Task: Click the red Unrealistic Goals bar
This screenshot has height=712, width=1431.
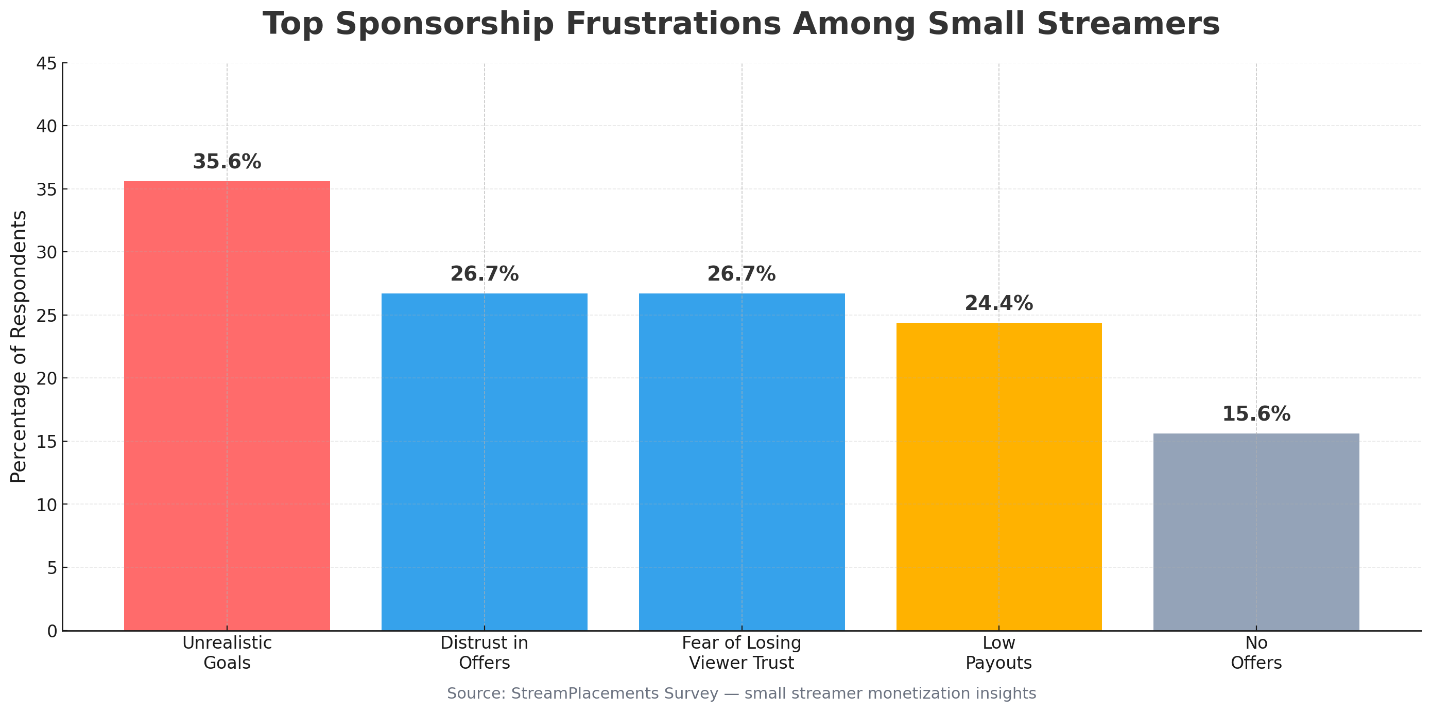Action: click(x=227, y=406)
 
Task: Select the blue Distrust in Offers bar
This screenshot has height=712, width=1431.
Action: click(x=484, y=461)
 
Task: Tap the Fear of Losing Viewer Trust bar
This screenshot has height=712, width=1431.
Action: click(x=741, y=461)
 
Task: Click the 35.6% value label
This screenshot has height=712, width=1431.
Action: click(x=227, y=162)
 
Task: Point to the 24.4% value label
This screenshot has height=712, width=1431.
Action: click(x=998, y=304)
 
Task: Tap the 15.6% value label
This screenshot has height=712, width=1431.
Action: click(x=1255, y=414)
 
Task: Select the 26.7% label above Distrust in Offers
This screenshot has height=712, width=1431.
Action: click(x=484, y=274)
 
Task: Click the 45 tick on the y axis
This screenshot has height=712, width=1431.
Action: click(x=46, y=64)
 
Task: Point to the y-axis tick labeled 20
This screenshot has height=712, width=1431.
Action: click(x=46, y=379)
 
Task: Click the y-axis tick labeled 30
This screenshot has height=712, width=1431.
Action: click(x=46, y=253)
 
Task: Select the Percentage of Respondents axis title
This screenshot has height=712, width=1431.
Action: click(x=19, y=347)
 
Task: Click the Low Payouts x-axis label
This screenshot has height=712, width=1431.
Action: click(x=998, y=653)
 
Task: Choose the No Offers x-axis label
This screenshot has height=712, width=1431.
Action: click(x=1255, y=653)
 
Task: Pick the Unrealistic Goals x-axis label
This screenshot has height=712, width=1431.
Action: click(x=227, y=653)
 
